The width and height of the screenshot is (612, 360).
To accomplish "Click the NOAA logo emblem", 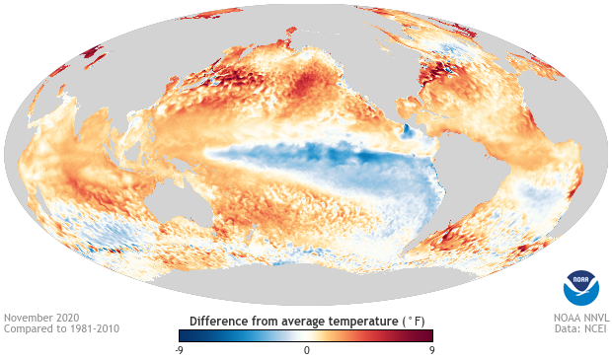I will (580, 287).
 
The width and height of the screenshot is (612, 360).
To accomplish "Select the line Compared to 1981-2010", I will (61, 329).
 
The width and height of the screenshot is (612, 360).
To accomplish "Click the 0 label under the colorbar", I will (306, 349).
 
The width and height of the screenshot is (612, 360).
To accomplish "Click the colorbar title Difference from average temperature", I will (296, 321).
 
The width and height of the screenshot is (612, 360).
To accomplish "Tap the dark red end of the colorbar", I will (429, 335).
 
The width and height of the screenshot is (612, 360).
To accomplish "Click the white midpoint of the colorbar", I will (306, 335).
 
